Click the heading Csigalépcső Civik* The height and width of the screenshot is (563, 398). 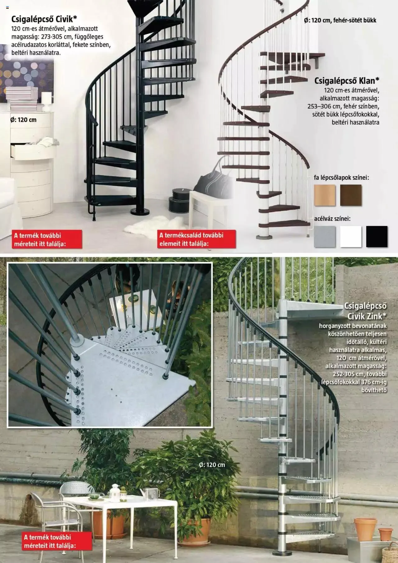click(44, 19)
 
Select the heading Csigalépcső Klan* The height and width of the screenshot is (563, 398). click(347, 81)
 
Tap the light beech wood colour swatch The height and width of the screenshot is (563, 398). click(325, 195)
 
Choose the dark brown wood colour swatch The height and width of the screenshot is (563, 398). click(351, 195)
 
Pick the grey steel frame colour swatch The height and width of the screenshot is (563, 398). click(325, 237)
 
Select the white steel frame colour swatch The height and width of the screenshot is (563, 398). click(351, 237)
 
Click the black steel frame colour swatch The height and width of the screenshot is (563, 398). click(377, 237)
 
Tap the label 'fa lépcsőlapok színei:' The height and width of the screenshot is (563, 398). click(341, 178)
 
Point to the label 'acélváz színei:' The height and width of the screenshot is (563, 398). click(332, 219)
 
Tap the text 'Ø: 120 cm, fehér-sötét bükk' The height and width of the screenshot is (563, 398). click(340, 21)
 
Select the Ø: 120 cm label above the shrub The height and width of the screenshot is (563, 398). click(212, 465)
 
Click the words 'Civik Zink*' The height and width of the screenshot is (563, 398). click(367, 316)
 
